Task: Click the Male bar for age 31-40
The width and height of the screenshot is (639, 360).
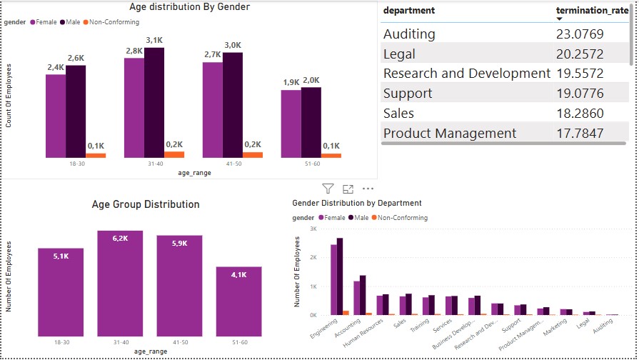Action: [154, 103]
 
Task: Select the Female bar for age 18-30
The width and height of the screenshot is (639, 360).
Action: [56, 116]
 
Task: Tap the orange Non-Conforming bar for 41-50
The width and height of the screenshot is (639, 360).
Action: [253, 154]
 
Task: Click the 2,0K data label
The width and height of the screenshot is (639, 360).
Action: [311, 81]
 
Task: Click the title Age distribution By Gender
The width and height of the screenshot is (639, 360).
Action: [189, 7]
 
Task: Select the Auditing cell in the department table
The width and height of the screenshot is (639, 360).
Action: [409, 34]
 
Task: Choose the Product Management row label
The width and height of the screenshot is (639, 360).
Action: [450, 133]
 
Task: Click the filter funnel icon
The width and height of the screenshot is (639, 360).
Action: [328, 189]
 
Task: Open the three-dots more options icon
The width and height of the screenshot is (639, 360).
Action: [368, 189]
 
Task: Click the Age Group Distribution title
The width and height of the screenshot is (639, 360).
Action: [146, 204]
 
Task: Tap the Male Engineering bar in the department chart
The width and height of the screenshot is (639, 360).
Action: [340, 276]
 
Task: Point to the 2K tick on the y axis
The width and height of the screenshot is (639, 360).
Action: [312, 257]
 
